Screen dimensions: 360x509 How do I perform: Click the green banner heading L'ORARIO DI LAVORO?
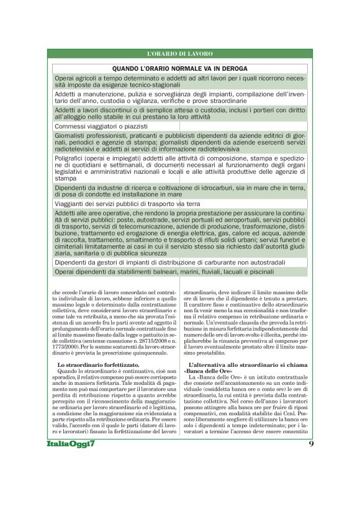180,54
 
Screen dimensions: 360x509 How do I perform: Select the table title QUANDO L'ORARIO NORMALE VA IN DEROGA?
180,68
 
